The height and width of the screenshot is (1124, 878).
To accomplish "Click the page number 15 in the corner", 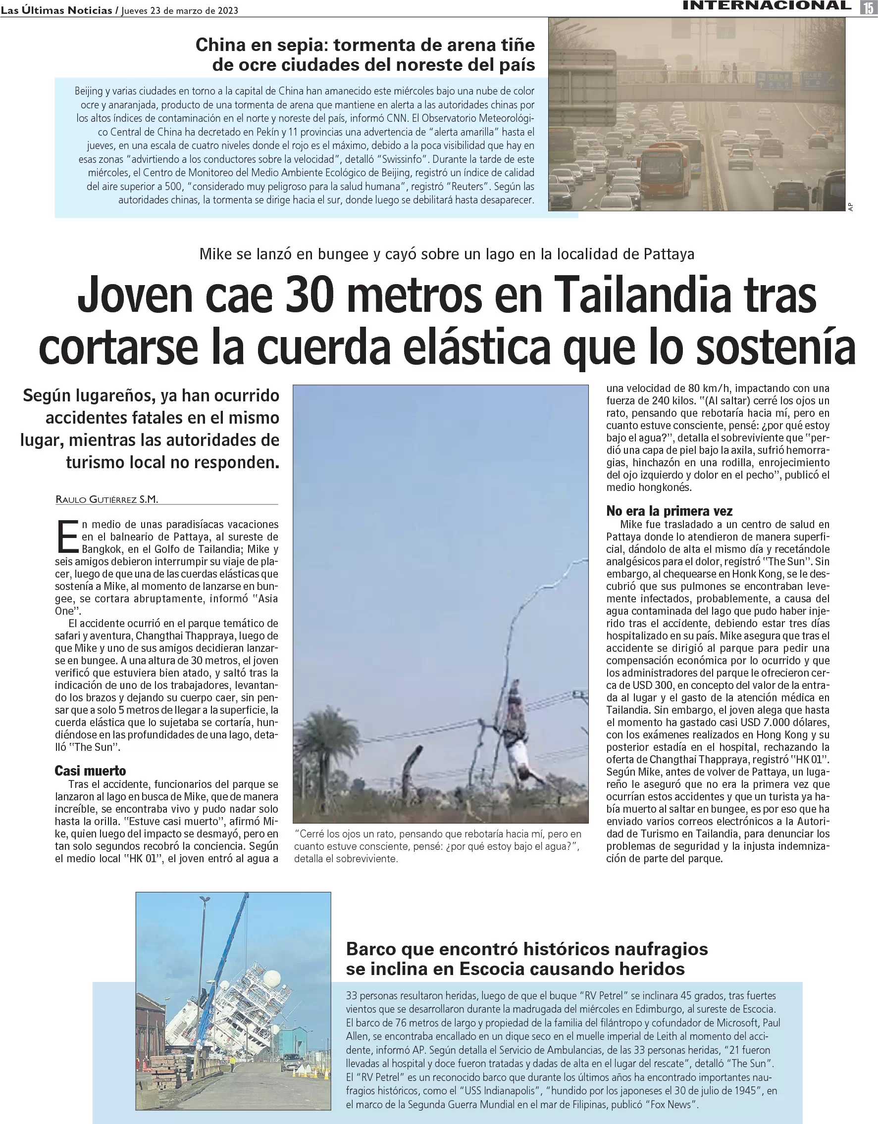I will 869,7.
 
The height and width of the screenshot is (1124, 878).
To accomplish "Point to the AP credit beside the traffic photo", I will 850,206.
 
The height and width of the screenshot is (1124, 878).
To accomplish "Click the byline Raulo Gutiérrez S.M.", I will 106,499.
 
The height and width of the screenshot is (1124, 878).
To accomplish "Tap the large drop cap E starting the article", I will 67,537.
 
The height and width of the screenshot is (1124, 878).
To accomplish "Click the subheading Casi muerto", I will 90,771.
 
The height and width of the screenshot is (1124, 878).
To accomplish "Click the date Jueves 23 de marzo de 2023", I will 180,11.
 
